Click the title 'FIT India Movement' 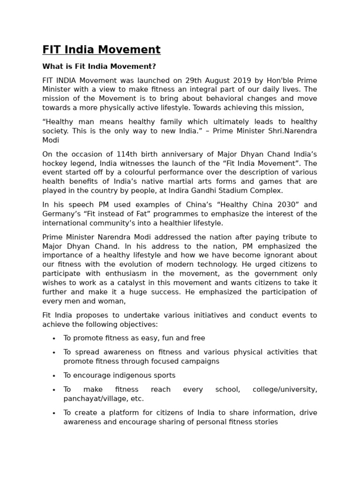[101, 50]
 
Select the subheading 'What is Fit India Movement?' [99, 67]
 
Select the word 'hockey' [53, 163]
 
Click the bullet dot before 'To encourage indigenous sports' [54, 376]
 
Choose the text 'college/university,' [285, 390]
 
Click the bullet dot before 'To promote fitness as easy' [54, 338]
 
